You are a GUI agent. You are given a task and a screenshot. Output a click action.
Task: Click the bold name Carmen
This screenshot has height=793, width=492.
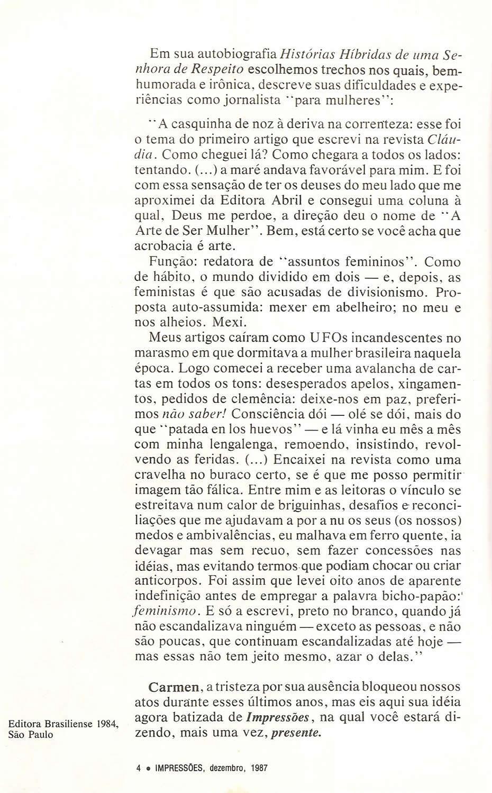tap(175, 687)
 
